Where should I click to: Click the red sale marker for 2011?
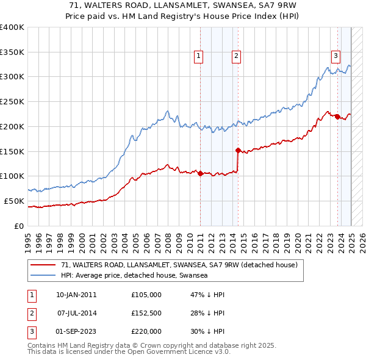(200, 173)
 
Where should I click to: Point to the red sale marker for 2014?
(238, 149)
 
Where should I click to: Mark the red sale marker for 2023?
(337, 117)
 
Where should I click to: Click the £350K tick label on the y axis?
(12, 52)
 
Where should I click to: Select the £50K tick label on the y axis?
(15, 201)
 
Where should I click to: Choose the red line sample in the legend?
(43, 265)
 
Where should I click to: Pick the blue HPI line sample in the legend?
(43, 276)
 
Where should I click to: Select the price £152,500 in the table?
(146, 313)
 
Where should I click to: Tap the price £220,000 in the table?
(146, 331)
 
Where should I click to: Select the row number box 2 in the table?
(31, 313)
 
